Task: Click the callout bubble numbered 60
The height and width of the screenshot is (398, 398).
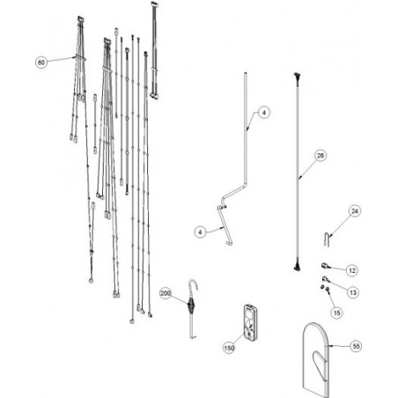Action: pos(41,63)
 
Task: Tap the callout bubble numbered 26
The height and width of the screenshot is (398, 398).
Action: pos(321,155)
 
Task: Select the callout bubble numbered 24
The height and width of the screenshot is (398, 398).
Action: pos(355,211)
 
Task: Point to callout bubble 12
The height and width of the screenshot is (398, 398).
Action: pos(352,270)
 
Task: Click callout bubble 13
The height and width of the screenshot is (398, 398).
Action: pos(353,292)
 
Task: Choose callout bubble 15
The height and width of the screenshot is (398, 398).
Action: pos(337,313)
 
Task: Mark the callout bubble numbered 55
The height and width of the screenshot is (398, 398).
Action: pos(356,346)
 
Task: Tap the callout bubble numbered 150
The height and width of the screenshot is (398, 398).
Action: pos(229,348)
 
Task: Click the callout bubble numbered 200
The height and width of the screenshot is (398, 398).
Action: pos(166,293)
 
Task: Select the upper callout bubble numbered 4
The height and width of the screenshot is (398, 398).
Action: pos(264,113)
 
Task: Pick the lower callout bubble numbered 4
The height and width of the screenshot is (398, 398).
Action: pos(200,232)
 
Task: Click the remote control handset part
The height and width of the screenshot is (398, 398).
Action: pos(250,323)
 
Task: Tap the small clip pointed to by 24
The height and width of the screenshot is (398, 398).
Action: pos(328,239)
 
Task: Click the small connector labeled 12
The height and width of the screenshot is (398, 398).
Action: pos(324,266)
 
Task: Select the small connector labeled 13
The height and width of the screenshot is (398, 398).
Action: pos(325,278)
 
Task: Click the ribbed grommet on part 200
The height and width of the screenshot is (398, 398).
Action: pos(191,305)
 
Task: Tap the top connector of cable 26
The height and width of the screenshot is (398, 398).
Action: pos(297,76)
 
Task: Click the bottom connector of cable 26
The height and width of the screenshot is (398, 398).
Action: pos(297,266)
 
